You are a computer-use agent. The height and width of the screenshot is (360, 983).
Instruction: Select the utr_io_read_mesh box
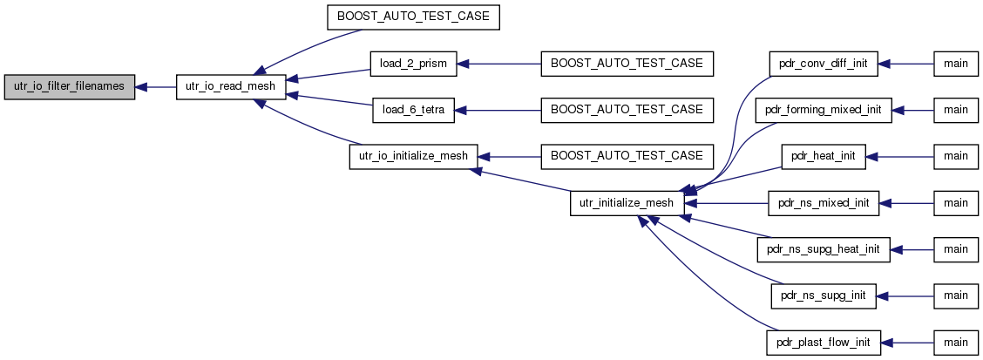[x=231, y=87]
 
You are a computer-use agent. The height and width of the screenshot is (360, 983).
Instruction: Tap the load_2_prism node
[x=413, y=65]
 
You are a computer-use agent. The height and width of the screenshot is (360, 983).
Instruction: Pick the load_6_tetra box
[x=412, y=111]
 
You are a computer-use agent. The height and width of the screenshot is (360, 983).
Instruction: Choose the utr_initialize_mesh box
[x=627, y=202]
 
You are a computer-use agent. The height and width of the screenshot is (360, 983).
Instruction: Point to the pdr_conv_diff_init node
[x=823, y=65]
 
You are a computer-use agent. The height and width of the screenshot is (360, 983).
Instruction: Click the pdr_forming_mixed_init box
[x=824, y=111]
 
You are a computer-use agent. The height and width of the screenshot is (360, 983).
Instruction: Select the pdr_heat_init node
[x=824, y=156]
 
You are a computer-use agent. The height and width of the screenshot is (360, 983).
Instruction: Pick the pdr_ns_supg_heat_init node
[x=824, y=249]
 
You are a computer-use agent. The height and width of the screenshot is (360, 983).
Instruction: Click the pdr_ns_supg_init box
[x=824, y=295]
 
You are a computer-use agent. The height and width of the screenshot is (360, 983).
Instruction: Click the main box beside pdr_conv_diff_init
[x=956, y=65]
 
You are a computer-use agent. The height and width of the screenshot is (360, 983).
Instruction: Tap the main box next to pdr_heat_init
[x=956, y=156]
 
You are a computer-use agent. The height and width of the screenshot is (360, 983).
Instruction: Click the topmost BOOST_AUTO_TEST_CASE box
[x=413, y=18]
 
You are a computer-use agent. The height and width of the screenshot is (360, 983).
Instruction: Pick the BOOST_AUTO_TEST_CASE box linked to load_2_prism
[x=627, y=65]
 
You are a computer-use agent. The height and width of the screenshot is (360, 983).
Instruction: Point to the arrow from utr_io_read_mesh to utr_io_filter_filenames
[x=155, y=87]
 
